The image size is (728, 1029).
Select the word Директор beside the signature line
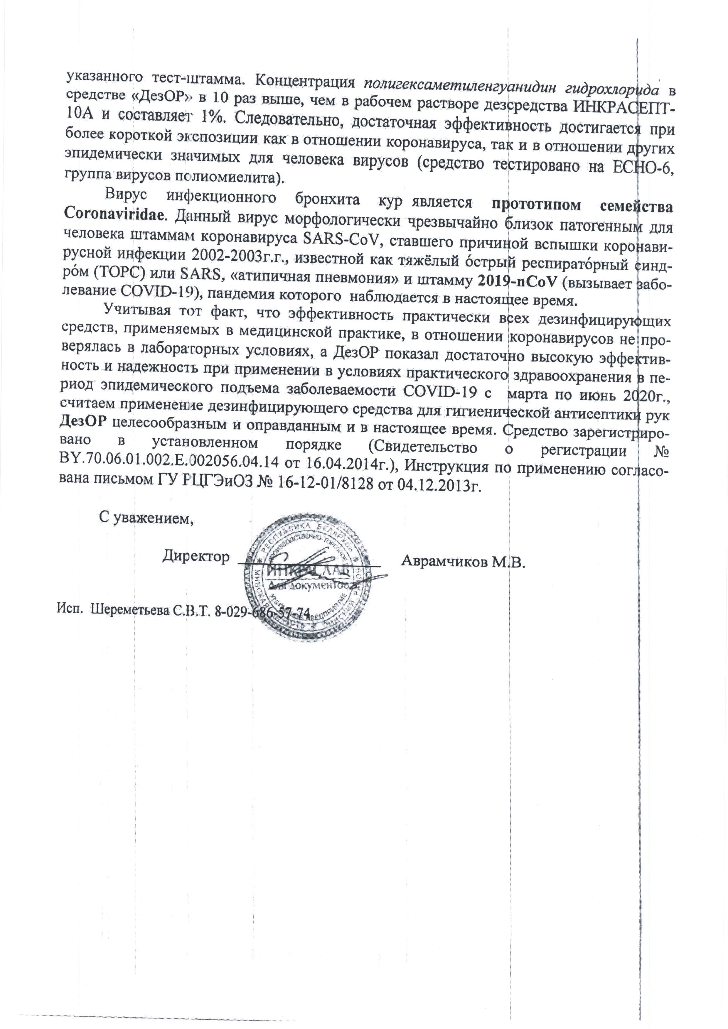point(196,557)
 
